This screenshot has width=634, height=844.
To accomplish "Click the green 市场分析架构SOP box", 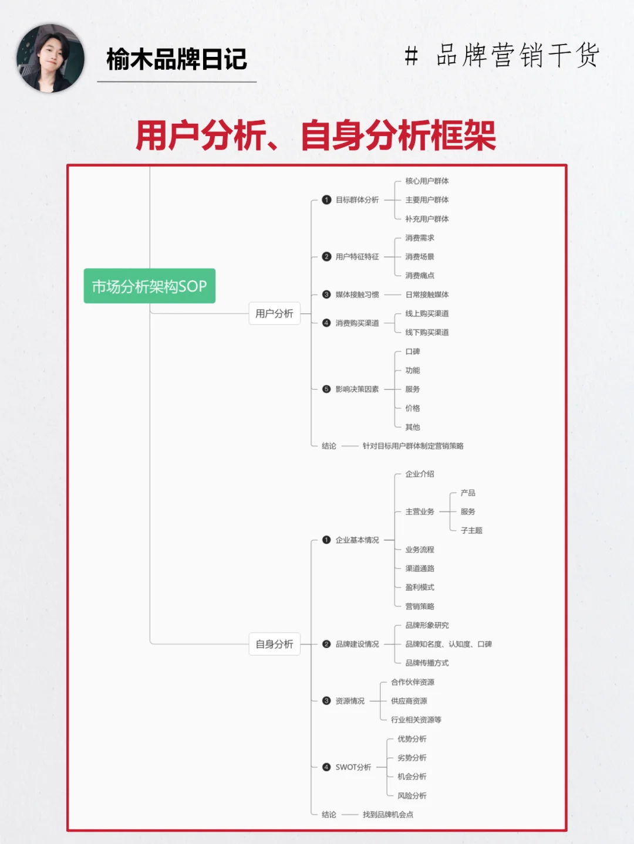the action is coord(150,286).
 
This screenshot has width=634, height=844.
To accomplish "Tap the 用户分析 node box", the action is coord(274,314).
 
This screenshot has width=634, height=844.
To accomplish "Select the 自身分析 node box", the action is coord(274,644).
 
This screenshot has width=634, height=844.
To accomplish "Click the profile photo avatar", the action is coord(50,58).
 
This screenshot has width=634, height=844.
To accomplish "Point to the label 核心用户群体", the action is coord(427,181).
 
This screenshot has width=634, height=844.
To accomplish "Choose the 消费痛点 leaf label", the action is coord(420,276).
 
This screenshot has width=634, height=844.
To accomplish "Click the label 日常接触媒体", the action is coord(427,294).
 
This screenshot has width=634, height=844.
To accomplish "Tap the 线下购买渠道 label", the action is coord(427,333).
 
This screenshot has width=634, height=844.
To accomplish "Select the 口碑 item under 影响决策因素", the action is coord(413,352).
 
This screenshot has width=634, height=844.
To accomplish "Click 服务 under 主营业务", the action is coord(468,512).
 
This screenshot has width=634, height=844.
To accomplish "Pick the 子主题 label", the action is coord(471,531).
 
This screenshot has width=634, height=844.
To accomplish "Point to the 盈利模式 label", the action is coord(420,587).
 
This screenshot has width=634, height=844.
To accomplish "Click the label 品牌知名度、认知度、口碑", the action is coord(448,644).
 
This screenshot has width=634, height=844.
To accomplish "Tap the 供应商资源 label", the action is coord(409,701).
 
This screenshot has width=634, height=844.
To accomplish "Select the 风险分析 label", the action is coord(412,796).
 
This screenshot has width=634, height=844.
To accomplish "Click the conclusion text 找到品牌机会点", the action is coord(388,815).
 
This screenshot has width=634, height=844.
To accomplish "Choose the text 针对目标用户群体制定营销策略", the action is coord(413,446).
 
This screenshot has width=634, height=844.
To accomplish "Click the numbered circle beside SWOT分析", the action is coord(326,767).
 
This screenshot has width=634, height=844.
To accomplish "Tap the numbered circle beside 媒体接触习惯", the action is coord(326,294).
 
